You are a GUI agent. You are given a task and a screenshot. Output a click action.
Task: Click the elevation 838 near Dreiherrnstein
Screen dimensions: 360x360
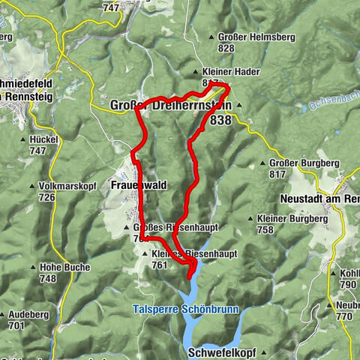[x=220, y=120]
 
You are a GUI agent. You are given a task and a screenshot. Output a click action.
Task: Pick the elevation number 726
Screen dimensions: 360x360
[x=48, y=197]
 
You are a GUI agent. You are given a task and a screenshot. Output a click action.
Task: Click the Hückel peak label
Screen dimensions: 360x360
[x=45, y=139]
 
